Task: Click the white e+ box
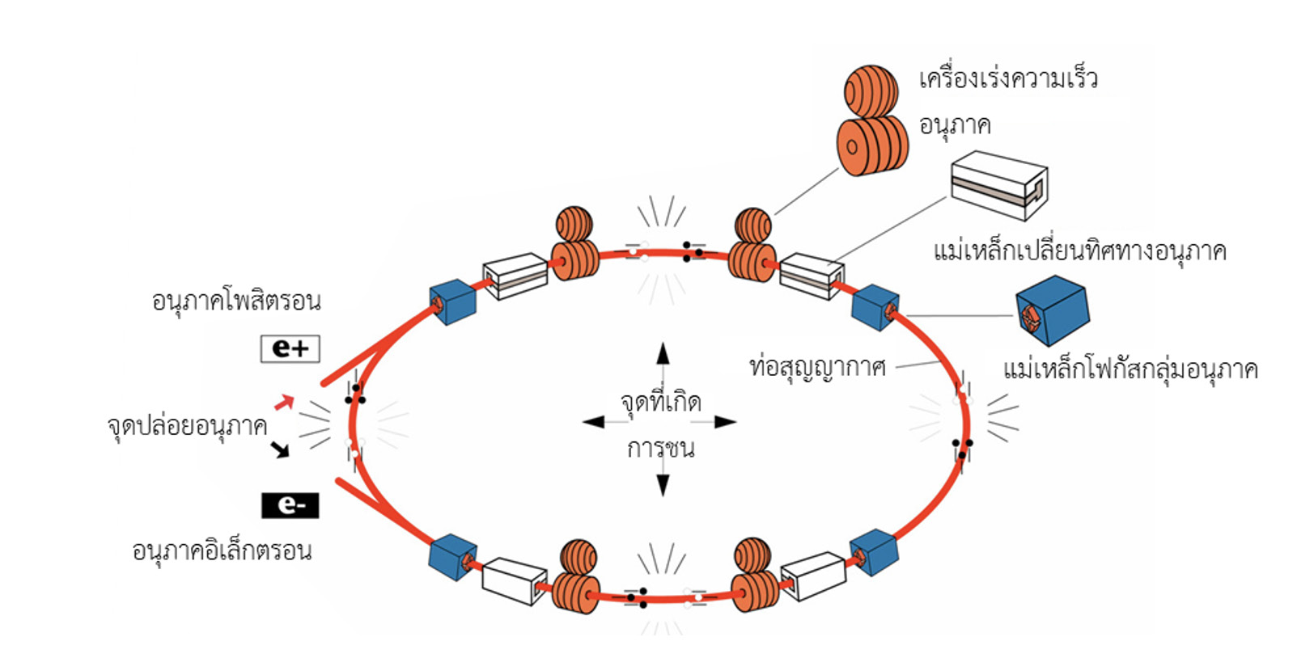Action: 290,348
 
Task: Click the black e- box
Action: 290,505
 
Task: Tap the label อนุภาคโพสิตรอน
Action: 236,302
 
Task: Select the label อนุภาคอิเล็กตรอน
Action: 222,551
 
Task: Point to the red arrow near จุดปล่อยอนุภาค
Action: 283,402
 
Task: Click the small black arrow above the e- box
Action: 280,449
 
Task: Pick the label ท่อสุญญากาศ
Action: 817,368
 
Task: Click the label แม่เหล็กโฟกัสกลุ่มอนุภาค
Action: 1130,370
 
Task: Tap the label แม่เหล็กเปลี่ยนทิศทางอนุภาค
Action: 1079,251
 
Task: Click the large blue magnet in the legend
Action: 1052,310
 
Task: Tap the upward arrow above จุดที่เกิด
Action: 663,354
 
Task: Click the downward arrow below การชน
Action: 663,484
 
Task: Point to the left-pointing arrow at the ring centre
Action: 594,422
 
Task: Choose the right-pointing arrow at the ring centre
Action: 724,422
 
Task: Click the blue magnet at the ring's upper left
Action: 452,302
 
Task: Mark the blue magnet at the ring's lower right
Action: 874,552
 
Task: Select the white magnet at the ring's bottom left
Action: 514,580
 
